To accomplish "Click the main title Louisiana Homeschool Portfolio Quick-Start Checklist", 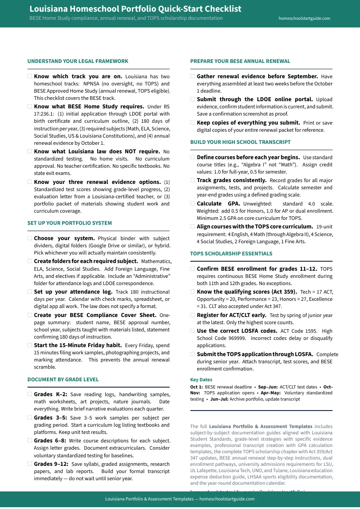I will pyautogui.click(x=135, y=9).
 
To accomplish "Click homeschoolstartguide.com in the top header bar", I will pyautogui.click(x=304, y=18).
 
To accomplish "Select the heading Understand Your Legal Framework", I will pyautogui.click(x=77, y=61).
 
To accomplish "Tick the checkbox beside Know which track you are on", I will pyautogui.click(x=30, y=76).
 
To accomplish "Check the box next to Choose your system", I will pyautogui.click(x=30, y=238).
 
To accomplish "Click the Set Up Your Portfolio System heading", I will pyautogui.click(x=69, y=223).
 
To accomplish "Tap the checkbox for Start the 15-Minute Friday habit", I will pyautogui.click(x=30, y=345).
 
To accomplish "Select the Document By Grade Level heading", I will pyautogui.click(x=63, y=380).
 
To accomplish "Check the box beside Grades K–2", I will pyautogui.click(x=30, y=394).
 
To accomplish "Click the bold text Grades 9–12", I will pyautogui.click(x=51, y=464).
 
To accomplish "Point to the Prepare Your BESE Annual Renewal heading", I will pyautogui.click(x=240, y=61).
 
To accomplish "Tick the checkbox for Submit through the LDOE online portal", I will pyautogui.click(x=193, y=99).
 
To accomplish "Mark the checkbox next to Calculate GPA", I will pyautogui.click(x=193, y=203).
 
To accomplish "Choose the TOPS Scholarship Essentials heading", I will pyautogui.click(x=231, y=254).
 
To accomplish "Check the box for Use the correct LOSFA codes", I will pyautogui.click(x=193, y=330).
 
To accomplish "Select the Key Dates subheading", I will pyautogui.click(x=201, y=380).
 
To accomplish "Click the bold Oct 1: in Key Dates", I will pyautogui.click(x=197, y=387).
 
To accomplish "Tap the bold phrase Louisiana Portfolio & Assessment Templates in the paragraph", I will pyautogui.click(x=261, y=426).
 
